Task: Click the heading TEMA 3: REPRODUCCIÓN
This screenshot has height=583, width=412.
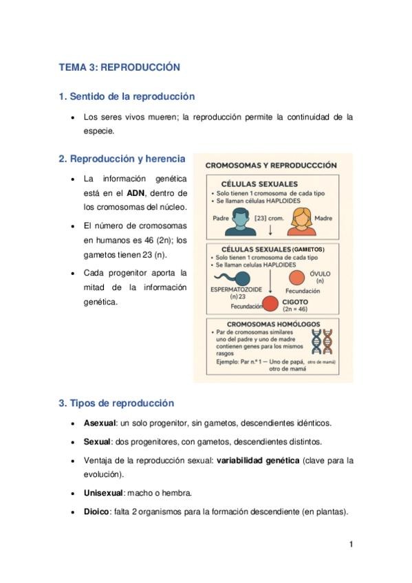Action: [119, 67]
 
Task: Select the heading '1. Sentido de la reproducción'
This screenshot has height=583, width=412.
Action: [127, 96]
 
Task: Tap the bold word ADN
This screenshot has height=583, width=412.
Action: [135, 192]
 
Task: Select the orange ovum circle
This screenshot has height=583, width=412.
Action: [296, 277]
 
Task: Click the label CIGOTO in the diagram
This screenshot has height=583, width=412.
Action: [295, 301]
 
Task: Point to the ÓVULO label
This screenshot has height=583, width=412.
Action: [320, 274]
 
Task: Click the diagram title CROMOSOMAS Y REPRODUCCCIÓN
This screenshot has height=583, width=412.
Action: [271, 165]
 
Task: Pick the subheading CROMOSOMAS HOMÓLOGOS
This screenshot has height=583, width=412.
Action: [273, 324]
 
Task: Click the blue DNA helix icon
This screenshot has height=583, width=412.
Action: [316, 341]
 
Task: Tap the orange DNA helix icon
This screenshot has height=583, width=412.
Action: [328, 341]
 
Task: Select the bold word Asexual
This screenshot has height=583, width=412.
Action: [96, 423]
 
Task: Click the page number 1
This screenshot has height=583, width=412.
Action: [351, 544]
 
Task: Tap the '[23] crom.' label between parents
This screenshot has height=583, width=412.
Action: [270, 218]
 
